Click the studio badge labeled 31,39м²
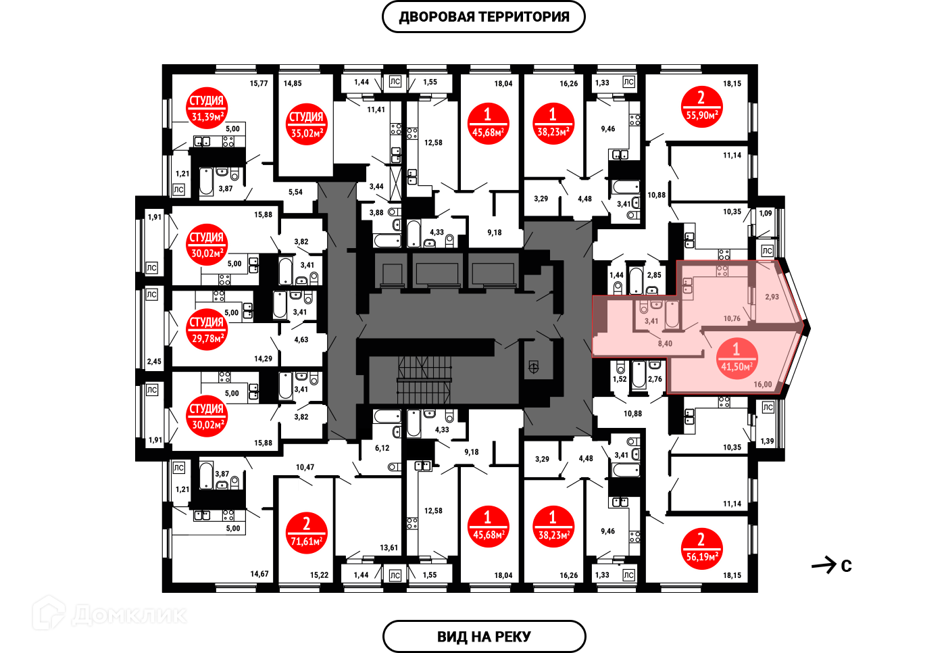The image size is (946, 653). pos(207,108)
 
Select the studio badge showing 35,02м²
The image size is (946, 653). pos(306,124)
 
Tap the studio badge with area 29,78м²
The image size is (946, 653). pos(207,330)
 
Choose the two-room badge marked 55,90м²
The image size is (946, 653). pos(701,107)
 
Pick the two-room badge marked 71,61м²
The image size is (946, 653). pos(306,533)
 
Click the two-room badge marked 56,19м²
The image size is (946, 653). pos(701,548)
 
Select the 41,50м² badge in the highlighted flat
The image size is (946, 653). pos(736,359)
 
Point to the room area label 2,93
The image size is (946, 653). pos(772,297)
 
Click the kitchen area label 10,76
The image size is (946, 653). pos(732,318)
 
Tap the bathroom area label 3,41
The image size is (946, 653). pos(651,321)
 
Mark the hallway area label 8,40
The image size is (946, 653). pos(665,343)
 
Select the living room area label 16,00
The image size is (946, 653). pos(762,385)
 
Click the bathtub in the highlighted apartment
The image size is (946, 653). pos(672,316)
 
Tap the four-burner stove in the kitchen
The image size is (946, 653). pos(722,271)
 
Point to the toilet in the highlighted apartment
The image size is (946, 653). pos(643,308)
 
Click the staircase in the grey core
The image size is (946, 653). pos(424,380)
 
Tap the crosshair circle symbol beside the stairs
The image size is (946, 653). pos(533,368)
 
